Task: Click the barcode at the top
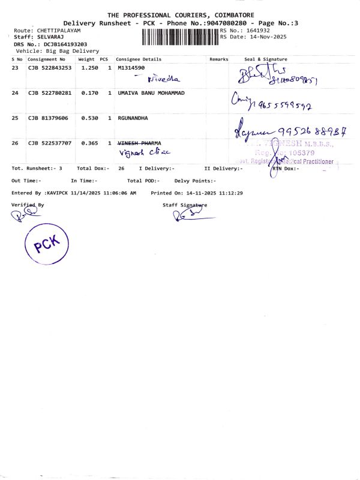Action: [180, 37]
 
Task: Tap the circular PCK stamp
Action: [47, 244]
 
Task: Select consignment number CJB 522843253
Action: [50, 68]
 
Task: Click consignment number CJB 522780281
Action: [50, 93]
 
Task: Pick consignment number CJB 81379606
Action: [48, 118]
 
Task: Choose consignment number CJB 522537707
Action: [50, 143]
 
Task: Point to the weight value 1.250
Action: [89, 68]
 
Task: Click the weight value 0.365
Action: [89, 143]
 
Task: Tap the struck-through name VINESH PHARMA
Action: [139, 143]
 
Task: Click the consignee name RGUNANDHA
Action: [133, 118]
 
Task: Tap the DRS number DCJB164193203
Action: [65, 44]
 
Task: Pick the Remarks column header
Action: [219, 59]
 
